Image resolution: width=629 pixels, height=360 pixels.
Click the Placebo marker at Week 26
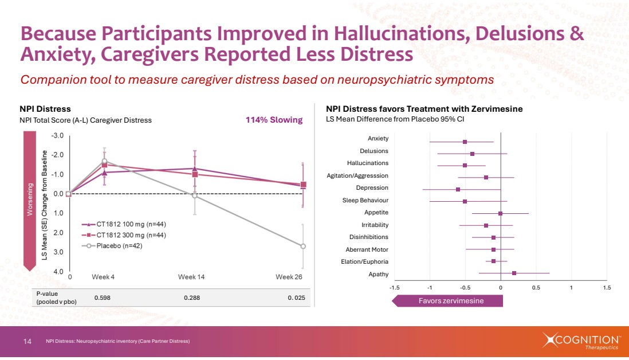click(303, 246)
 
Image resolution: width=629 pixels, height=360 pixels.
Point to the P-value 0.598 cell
click(102, 298)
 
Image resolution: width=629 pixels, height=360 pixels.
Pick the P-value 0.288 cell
click(192, 298)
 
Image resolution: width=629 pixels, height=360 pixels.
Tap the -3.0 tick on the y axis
click(57, 136)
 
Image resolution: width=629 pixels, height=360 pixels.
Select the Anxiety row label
click(378, 138)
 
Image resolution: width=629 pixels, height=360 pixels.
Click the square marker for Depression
click(458, 189)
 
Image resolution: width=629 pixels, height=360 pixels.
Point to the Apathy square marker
click(514, 273)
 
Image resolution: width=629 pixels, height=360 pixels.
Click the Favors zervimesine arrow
click(447, 301)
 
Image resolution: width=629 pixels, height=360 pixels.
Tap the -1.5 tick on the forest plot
click(394, 287)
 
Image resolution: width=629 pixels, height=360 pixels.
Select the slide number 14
click(27, 342)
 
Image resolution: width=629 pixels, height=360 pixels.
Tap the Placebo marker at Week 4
click(105, 162)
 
